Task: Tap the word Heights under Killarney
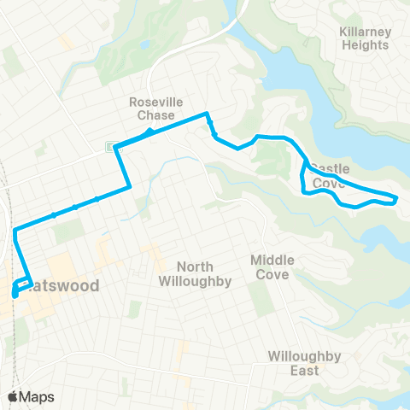click(365, 44)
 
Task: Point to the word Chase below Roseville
click(153, 114)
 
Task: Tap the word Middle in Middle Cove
click(272, 260)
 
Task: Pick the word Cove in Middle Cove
click(272, 274)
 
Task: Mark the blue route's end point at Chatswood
click(15, 295)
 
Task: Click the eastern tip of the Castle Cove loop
click(395, 199)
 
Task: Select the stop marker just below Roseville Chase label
click(149, 132)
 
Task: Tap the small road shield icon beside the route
click(109, 147)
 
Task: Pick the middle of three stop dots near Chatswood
click(75, 207)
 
